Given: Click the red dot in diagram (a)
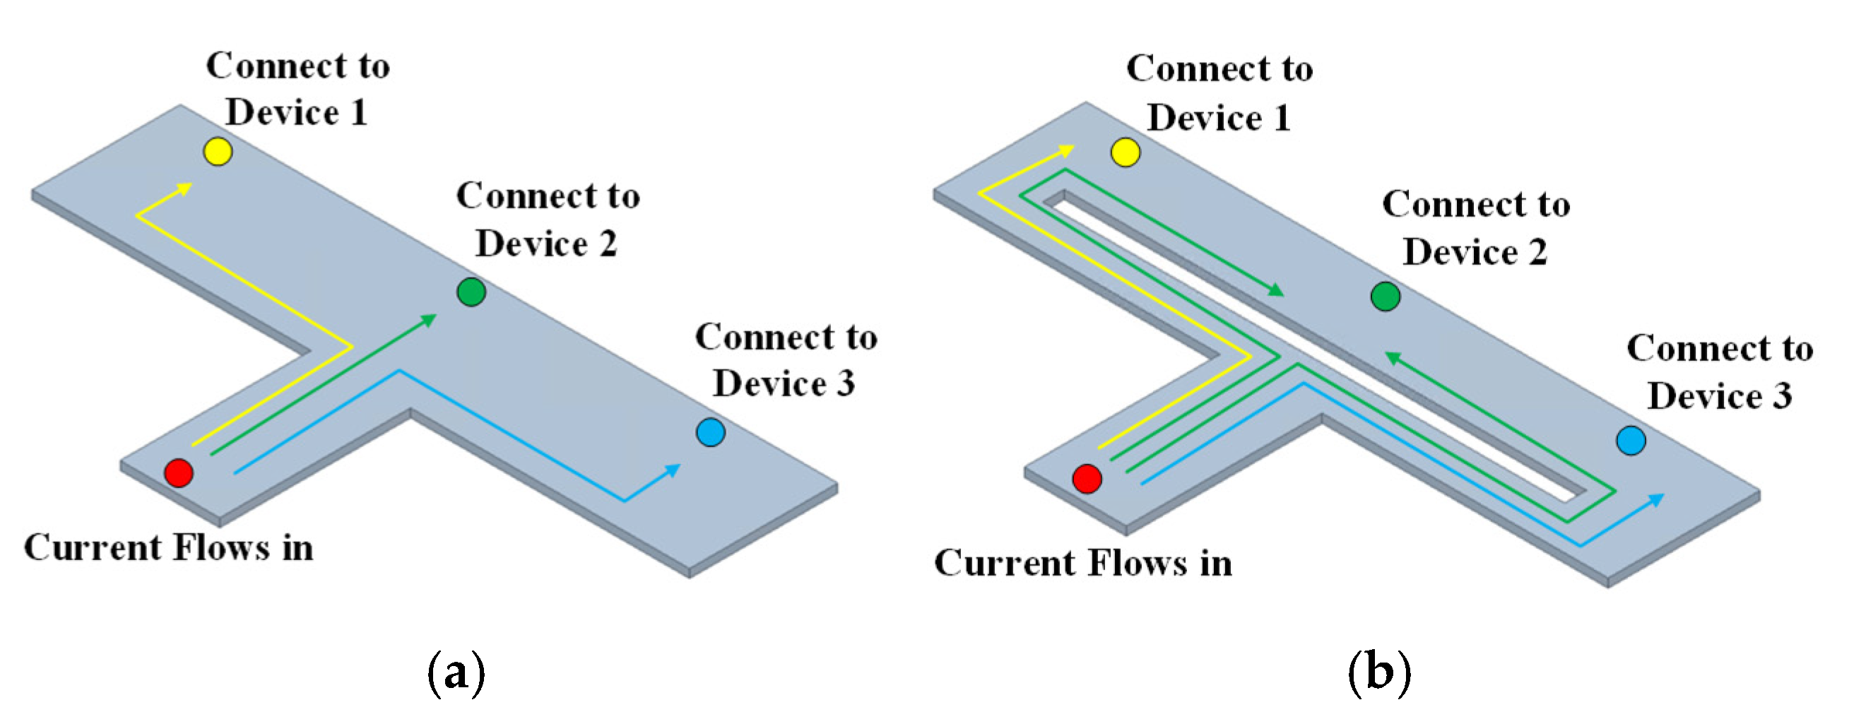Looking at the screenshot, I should coord(179,473).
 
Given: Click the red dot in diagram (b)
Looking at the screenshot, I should coord(1087,479).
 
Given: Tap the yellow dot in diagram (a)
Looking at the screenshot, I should coord(218,151).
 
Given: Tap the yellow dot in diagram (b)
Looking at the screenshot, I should coord(1125,152).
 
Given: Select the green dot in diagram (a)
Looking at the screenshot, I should coord(471,291).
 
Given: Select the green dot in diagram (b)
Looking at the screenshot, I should coord(1386,297).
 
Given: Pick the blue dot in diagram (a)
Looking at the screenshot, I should coord(711,432).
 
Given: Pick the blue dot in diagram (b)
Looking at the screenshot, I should coord(1631,441).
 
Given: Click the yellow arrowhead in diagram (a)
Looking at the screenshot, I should coord(186,188).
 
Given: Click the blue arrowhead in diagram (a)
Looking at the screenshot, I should coord(673,469).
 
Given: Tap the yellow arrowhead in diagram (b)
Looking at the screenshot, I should coord(1068,150).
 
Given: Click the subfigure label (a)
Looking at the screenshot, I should coord(456,672).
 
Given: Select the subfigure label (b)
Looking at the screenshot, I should coord(1379,672).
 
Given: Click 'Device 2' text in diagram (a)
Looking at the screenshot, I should coord(546,244).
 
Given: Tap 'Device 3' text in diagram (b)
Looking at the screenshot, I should coord(1719,396).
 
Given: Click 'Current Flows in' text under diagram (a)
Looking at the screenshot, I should coord(169,547).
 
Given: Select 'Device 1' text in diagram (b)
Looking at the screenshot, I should coord(1219,118).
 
